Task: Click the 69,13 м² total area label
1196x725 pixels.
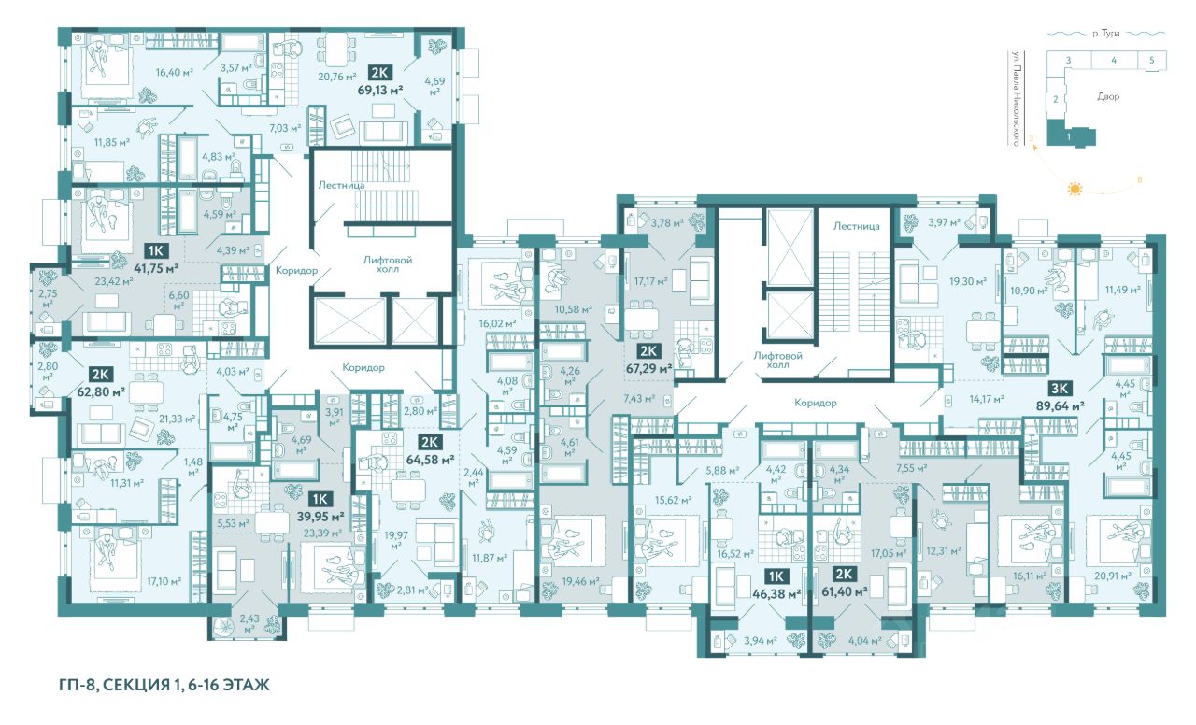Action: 380,90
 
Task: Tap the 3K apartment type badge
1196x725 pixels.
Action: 1060,390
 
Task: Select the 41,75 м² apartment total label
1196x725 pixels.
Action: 156,268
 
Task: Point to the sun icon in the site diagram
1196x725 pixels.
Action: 1075,189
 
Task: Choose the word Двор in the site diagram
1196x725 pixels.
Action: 1108,96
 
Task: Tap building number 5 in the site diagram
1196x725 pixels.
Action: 1151,61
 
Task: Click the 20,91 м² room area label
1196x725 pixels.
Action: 1113,576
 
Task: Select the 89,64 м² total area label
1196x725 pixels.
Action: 1060,406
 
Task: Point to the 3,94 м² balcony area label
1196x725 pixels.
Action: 761,640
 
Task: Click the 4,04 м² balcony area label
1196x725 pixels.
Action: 865,641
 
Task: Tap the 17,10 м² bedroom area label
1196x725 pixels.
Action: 164,581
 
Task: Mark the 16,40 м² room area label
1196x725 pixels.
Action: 174,72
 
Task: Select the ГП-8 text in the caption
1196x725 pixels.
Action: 78,685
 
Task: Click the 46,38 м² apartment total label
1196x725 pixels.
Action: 776,592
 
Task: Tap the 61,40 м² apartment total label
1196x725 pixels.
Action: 844,591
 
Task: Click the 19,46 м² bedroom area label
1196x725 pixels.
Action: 580,581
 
